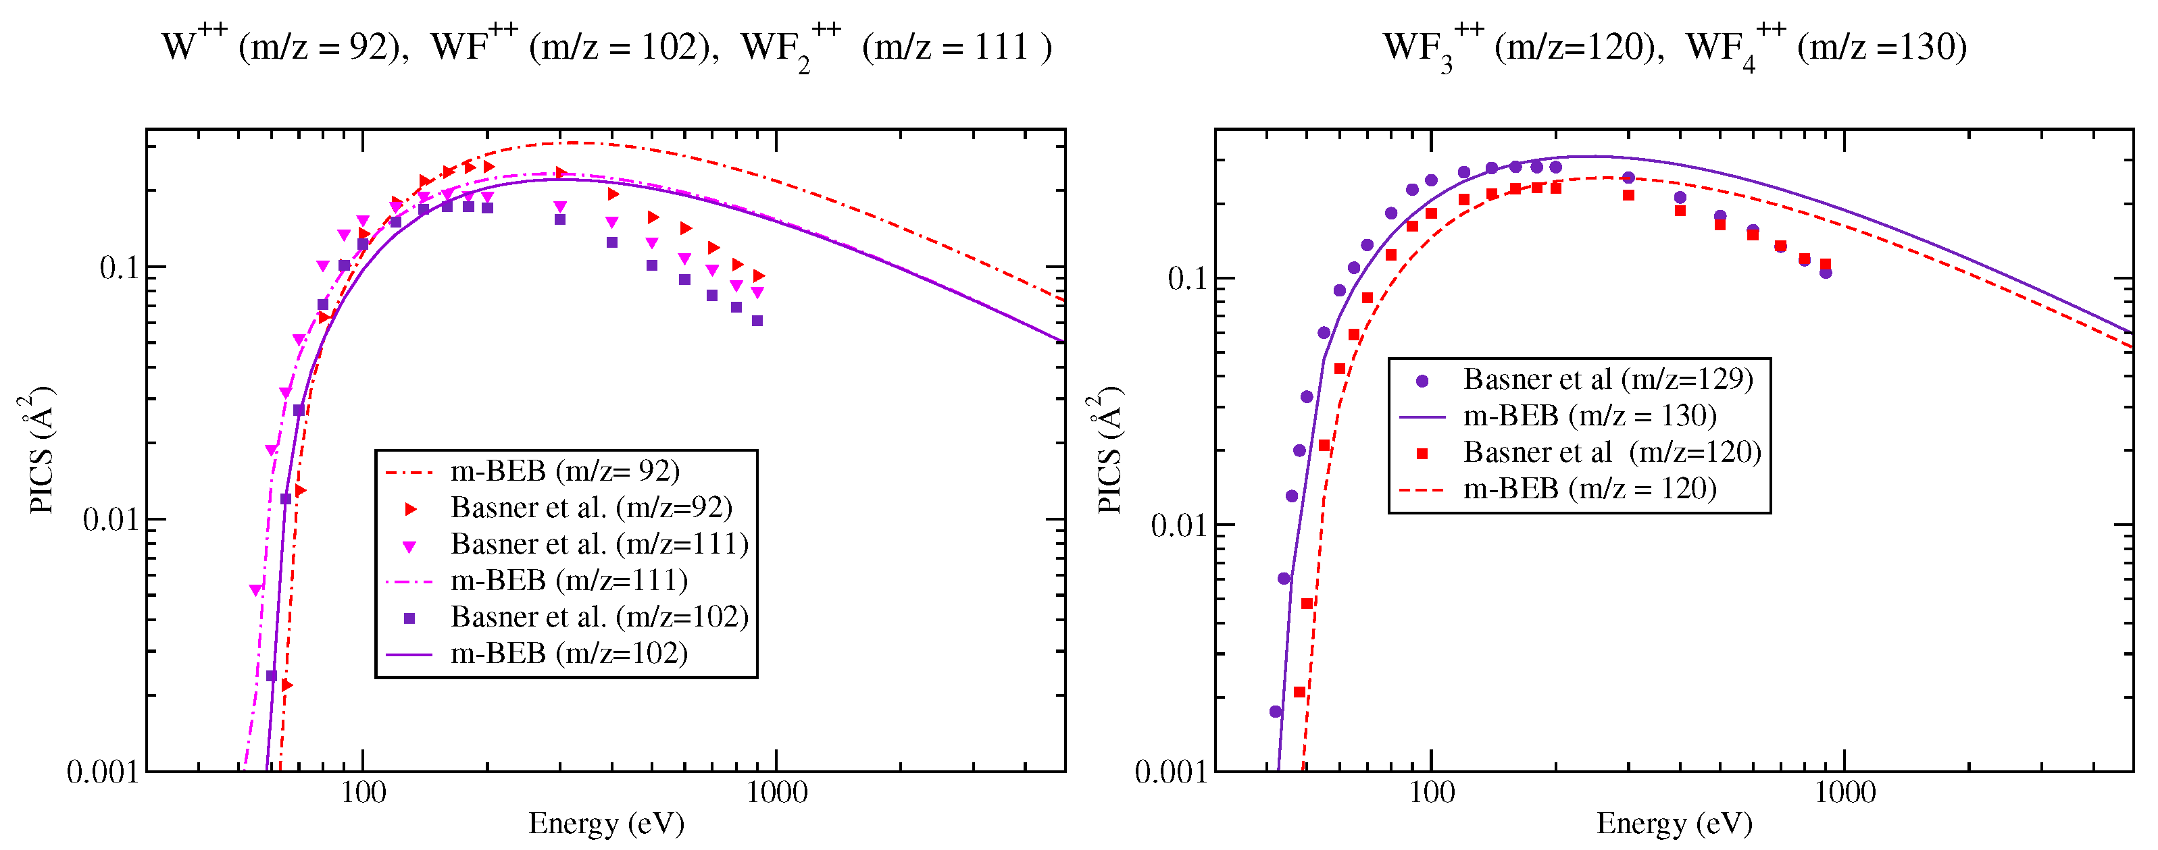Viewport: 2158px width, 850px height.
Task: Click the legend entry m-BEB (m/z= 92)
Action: (x=565, y=471)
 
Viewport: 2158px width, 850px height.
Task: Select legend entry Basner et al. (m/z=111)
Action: (x=599, y=544)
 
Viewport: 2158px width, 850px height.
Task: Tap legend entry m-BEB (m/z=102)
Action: (x=569, y=654)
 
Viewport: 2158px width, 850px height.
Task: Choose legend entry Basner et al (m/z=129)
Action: (x=1607, y=379)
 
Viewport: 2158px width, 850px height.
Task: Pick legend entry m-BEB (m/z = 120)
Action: (x=1589, y=488)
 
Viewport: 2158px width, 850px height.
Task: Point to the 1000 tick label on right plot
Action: (x=1845, y=792)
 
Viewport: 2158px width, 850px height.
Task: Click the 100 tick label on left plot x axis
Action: (x=363, y=792)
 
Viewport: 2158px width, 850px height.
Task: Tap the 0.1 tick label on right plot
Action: (x=1188, y=279)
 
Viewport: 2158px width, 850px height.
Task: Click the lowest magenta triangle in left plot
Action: (x=256, y=590)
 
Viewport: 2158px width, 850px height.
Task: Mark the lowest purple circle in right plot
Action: (x=1275, y=712)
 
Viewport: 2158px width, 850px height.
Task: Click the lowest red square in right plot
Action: (x=1299, y=693)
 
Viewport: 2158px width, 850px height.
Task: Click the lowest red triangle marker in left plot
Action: (x=286, y=685)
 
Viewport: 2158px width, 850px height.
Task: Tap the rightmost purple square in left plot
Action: (x=757, y=321)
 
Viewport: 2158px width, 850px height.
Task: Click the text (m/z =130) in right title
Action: (x=1882, y=46)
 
